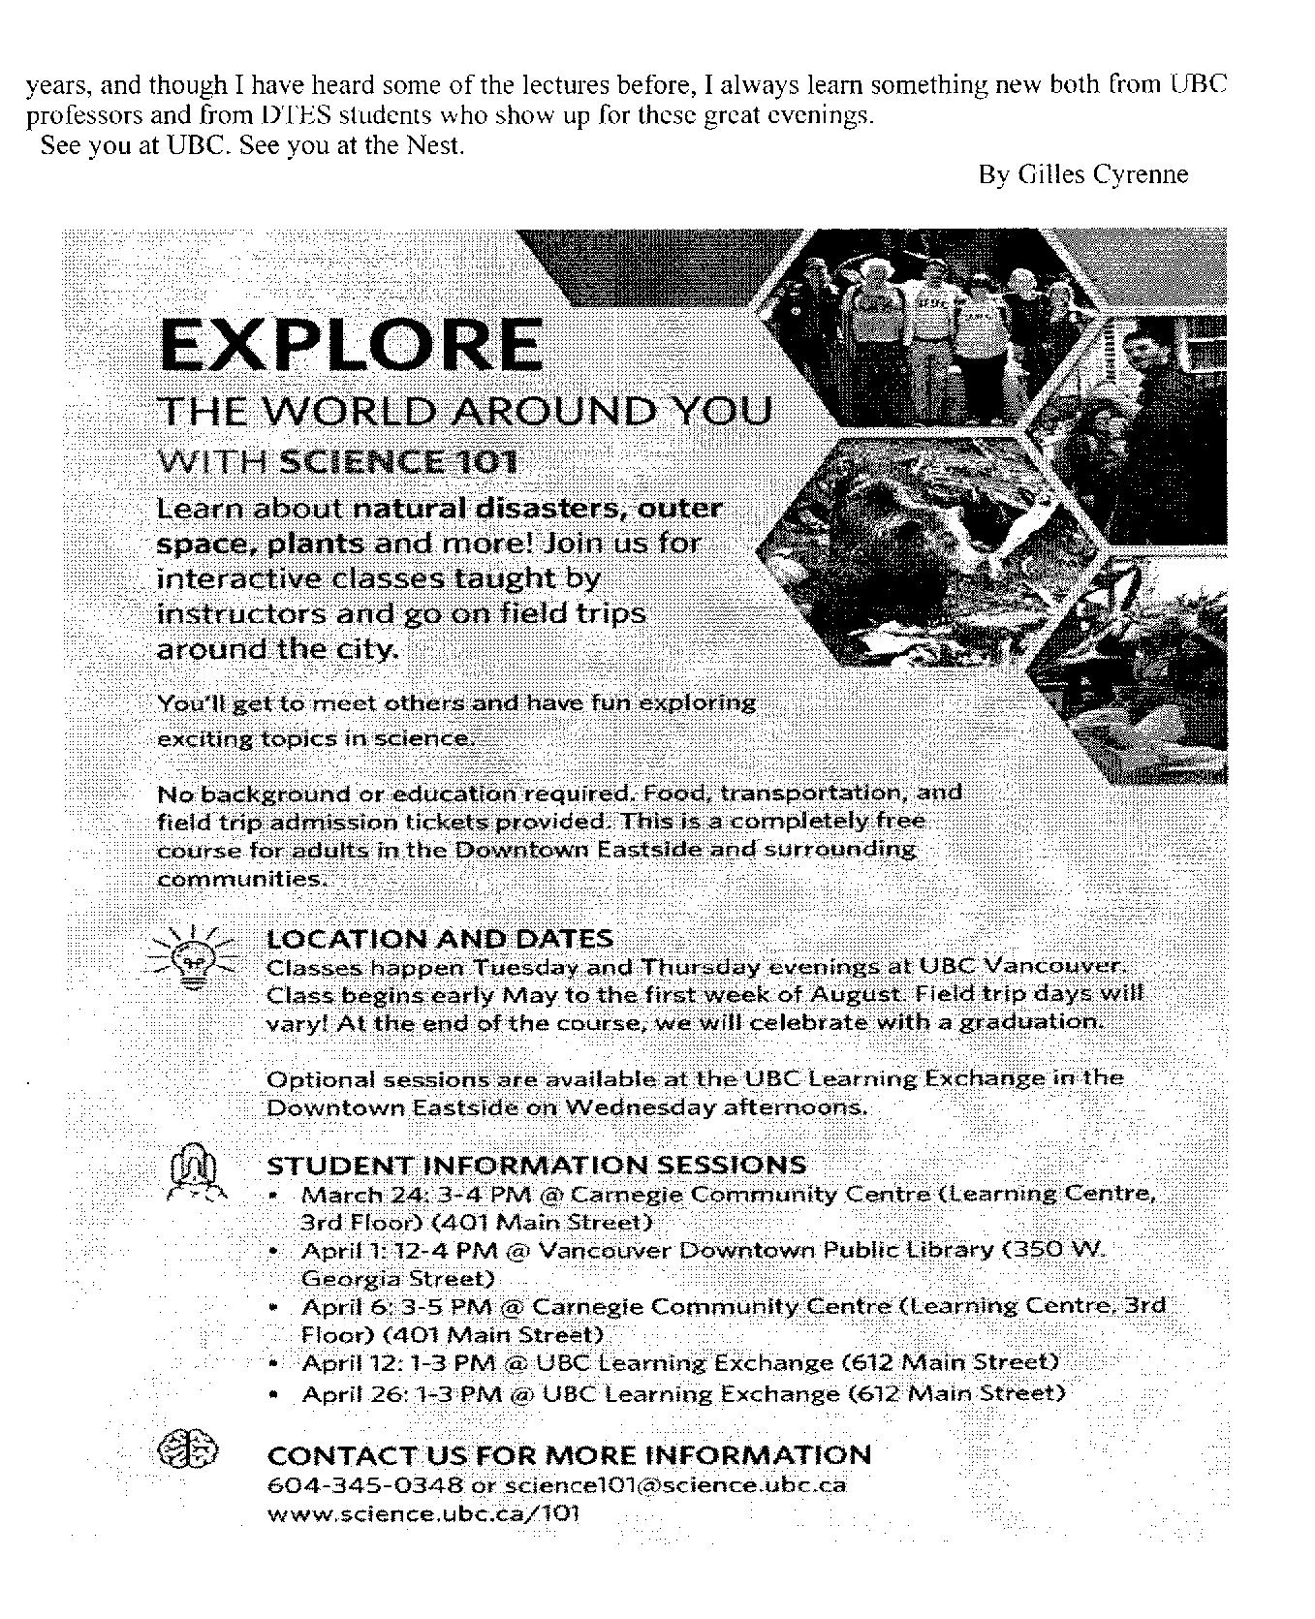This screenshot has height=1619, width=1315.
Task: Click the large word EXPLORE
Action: click(350, 346)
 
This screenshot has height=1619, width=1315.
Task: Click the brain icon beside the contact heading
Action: click(188, 1450)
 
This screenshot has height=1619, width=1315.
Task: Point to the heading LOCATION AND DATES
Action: click(439, 939)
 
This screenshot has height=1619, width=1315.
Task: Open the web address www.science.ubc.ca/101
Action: click(423, 1513)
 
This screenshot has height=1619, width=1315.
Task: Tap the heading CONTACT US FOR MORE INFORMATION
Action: click(569, 1455)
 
